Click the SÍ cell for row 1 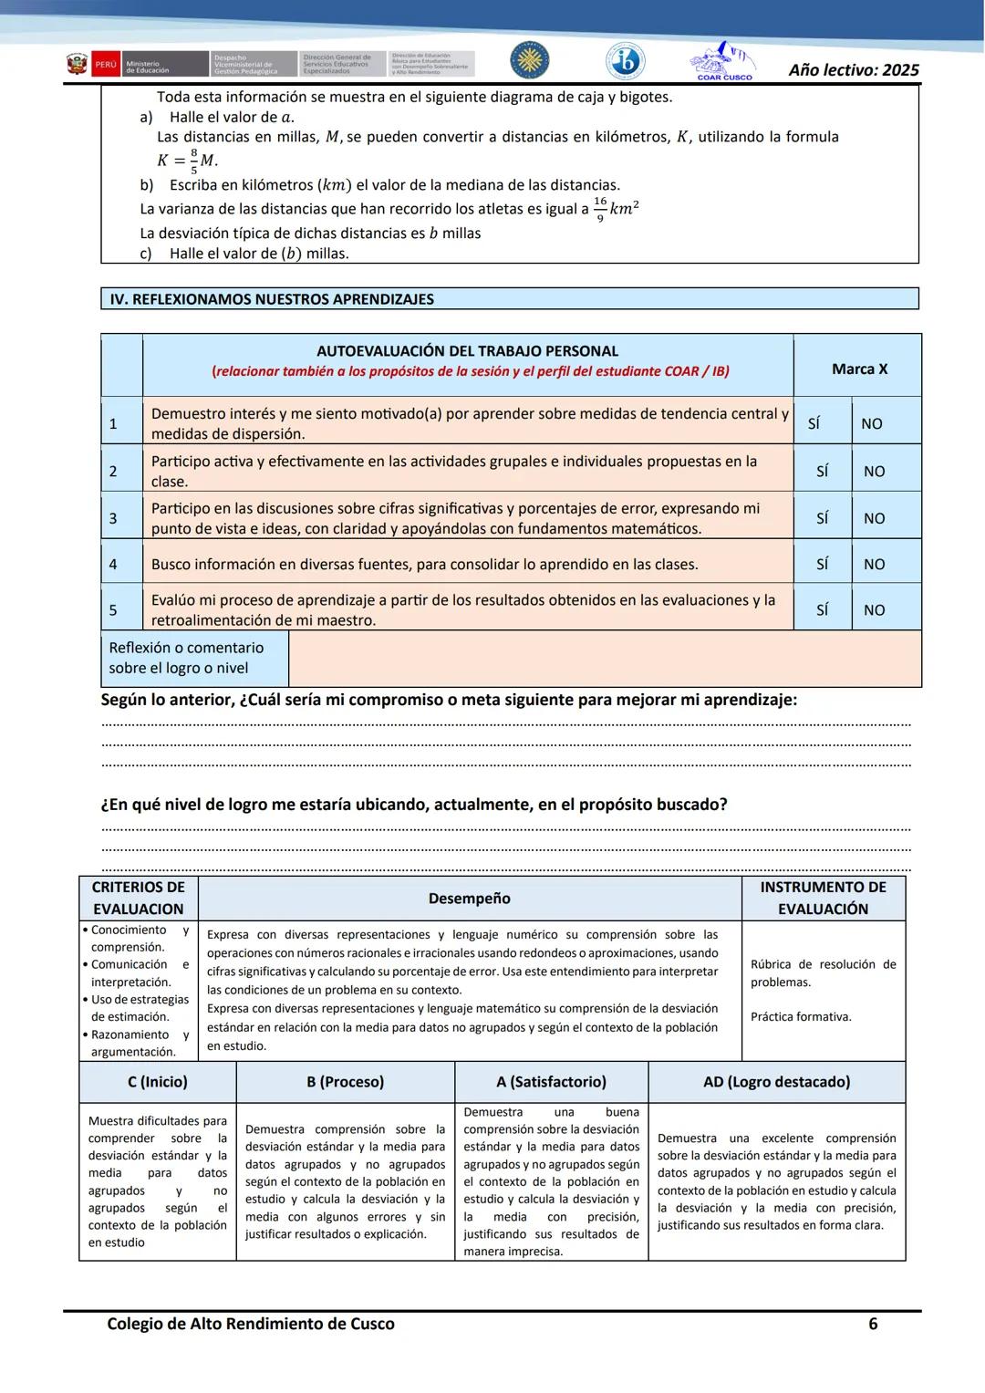pos(814,423)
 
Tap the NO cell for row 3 pos(874,518)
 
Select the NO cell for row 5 pos(874,610)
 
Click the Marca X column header pos(858,369)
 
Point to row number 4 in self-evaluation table pos(113,565)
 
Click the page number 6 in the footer pos(872,1324)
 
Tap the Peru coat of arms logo pos(77,65)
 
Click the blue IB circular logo pos(626,62)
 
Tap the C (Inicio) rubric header pos(157,1082)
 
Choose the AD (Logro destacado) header pos(776,1082)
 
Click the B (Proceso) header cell pos(345,1082)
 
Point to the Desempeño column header pos(469,899)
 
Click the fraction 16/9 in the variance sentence pos(599,208)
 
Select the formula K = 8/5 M pos(187,161)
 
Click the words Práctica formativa pos(800,1016)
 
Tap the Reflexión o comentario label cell pos(186,658)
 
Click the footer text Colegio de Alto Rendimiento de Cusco pos(251,1324)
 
